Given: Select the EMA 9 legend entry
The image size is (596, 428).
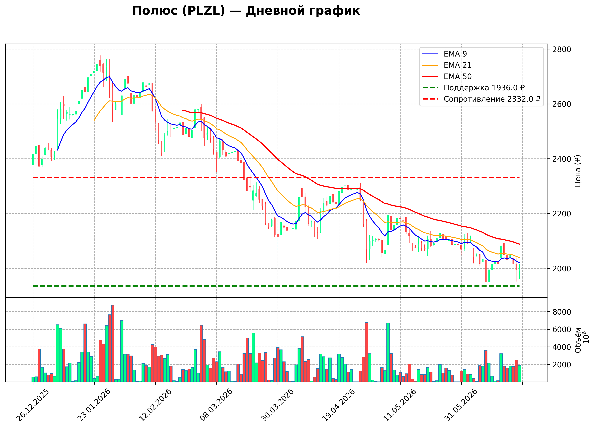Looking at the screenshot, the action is pos(445,54).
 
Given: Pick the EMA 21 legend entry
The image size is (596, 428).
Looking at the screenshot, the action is pos(447,65).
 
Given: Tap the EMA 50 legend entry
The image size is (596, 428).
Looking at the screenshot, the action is pos(447,76).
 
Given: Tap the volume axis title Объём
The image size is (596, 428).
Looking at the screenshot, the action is pos(578,340).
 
